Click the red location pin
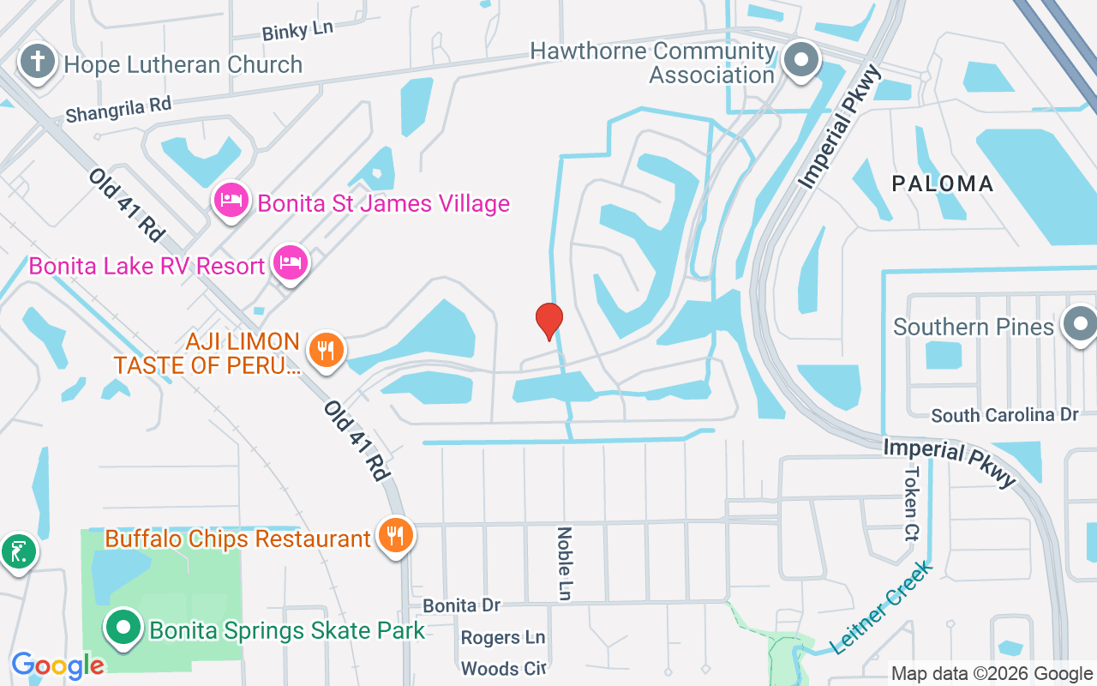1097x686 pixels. click(548, 321)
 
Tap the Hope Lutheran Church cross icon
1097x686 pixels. click(38, 63)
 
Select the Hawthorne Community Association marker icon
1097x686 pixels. click(801, 61)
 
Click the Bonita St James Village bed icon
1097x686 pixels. click(231, 202)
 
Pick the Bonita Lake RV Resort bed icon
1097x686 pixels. click(291, 263)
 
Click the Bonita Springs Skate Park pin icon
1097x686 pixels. click(123, 629)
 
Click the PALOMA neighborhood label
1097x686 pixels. click(942, 184)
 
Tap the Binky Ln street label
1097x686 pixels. click(297, 31)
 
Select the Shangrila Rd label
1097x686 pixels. click(118, 110)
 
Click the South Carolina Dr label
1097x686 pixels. click(1004, 415)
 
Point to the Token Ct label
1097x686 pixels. click(910, 503)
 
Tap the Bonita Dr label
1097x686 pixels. click(461, 605)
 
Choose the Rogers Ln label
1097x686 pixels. click(502, 637)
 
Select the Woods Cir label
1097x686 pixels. click(502, 668)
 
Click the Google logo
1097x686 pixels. click(57, 665)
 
